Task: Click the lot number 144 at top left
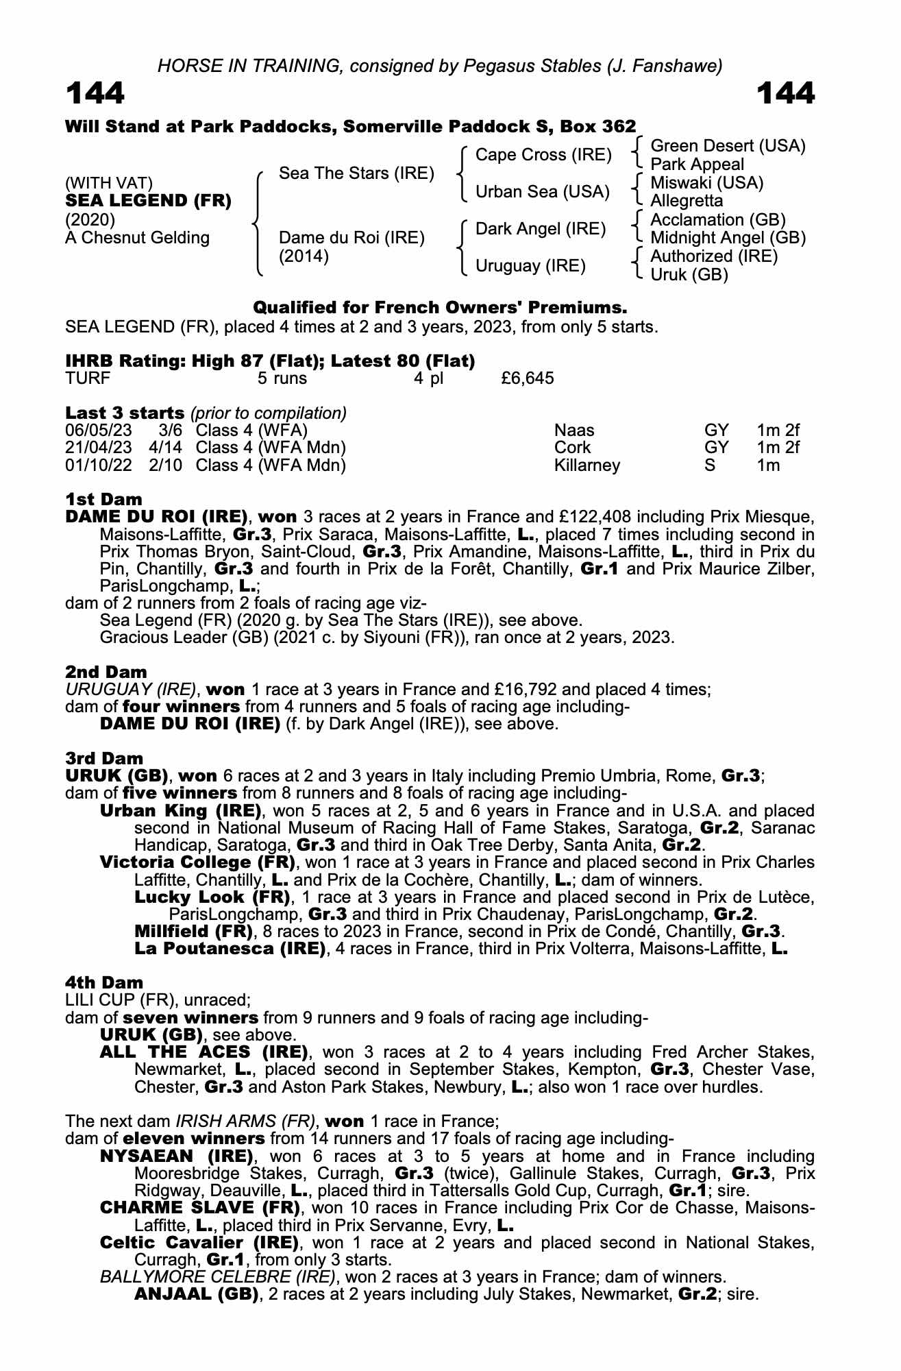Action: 95,93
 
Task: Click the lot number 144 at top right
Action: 786,93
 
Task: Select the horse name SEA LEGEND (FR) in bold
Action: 148,201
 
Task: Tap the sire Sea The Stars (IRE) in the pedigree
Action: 356,173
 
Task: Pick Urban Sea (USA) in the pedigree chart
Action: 543,192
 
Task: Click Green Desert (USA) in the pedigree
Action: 728,146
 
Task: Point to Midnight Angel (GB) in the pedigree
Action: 728,238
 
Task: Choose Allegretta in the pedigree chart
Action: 687,201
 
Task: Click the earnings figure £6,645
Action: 528,378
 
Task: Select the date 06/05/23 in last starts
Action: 99,430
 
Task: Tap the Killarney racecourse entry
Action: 587,466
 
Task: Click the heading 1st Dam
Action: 103,499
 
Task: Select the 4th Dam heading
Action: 104,983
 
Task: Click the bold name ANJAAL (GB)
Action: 196,1295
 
